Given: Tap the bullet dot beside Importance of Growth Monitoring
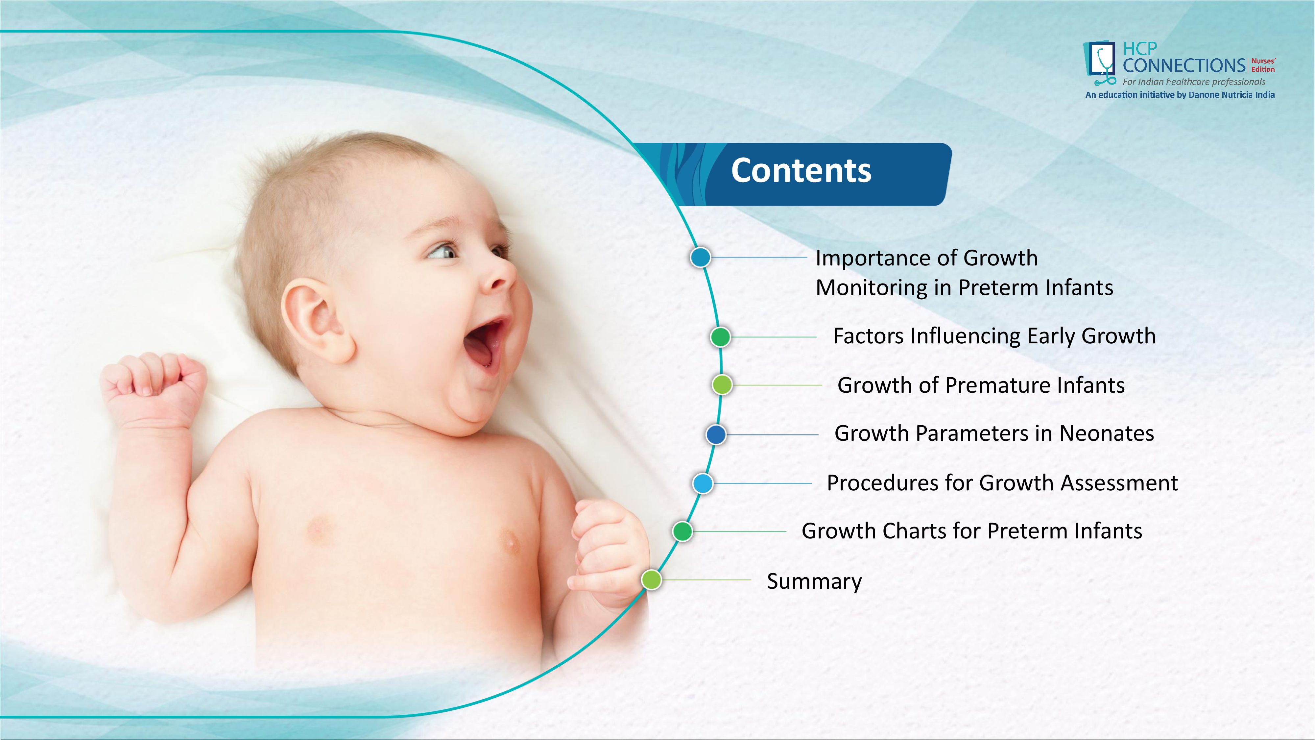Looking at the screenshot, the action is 700,258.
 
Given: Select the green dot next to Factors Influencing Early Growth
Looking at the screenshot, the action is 720,337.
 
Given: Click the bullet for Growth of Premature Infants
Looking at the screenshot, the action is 722,384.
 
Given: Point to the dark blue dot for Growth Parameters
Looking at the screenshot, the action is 716,434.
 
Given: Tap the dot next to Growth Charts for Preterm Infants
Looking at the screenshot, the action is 682,531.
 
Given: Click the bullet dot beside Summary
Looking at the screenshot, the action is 651,580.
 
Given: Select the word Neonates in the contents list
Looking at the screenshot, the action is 1106,433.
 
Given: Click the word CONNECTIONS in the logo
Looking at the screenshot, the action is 1184,65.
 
